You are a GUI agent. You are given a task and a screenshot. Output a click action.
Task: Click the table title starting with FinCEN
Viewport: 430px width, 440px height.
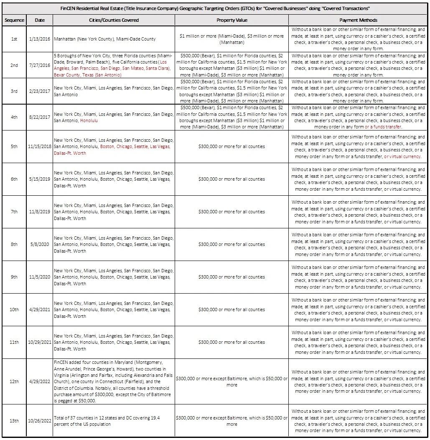click(215, 9)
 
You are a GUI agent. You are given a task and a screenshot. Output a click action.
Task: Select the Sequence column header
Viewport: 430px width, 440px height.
click(14, 20)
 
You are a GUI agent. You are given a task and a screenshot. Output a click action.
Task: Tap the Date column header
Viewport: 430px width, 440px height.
click(40, 20)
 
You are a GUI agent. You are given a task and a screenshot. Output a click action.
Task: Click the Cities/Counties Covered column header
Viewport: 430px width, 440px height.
click(114, 20)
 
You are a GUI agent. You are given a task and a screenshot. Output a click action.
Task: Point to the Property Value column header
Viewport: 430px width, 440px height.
click(232, 20)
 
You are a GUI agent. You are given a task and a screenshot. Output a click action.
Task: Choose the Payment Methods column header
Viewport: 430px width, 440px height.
click(358, 20)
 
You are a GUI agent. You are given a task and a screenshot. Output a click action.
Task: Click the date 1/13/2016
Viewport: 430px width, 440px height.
click(40, 39)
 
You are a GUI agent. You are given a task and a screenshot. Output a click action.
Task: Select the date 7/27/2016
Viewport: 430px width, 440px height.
click(40, 65)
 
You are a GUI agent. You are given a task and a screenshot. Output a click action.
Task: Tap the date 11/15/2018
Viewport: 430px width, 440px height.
click(40, 147)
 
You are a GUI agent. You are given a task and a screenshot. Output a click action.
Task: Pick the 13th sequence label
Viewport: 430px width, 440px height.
click(14, 421)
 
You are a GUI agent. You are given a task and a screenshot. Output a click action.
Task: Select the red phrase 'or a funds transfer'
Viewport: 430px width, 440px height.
click(383, 127)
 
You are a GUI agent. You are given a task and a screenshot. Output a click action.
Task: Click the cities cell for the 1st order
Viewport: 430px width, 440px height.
click(104, 39)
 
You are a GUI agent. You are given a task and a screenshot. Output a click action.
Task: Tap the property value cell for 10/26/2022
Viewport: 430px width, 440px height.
click(232, 421)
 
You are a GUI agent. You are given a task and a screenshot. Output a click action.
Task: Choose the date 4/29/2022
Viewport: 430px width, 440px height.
click(40, 381)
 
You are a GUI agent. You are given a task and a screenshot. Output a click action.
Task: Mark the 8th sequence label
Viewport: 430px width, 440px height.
click(14, 244)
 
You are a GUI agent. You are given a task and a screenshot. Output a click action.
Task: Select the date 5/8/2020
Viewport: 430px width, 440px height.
click(40, 244)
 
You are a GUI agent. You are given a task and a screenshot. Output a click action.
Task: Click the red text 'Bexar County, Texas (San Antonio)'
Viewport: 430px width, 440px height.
click(87, 75)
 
